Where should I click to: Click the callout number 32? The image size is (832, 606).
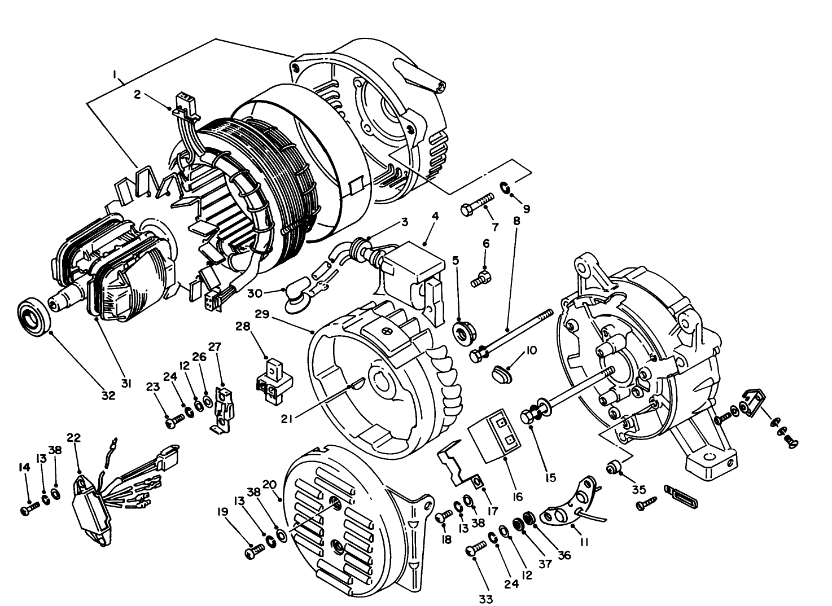pos(108,396)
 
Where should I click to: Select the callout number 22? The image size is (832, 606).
pos(74,437)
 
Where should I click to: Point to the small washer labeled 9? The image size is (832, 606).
pos(505,187)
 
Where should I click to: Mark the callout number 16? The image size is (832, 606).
pos(517,497)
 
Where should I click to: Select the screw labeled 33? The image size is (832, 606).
pos(476,549)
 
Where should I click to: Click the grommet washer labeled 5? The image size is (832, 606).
pos(465,331)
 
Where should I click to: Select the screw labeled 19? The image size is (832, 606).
pos(255,551)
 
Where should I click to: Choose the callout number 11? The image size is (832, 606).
pos(584,542)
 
